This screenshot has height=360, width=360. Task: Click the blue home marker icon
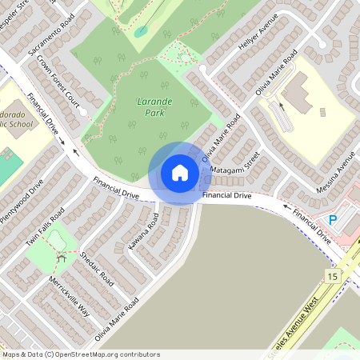(x=179, y=173)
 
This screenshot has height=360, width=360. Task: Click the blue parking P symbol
(x=334, y=219)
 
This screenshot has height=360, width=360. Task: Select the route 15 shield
(x=332, y=276)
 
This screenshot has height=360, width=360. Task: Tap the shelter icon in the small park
(x=61, y=257)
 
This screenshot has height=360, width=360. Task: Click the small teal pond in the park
(x=141, y=31)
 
